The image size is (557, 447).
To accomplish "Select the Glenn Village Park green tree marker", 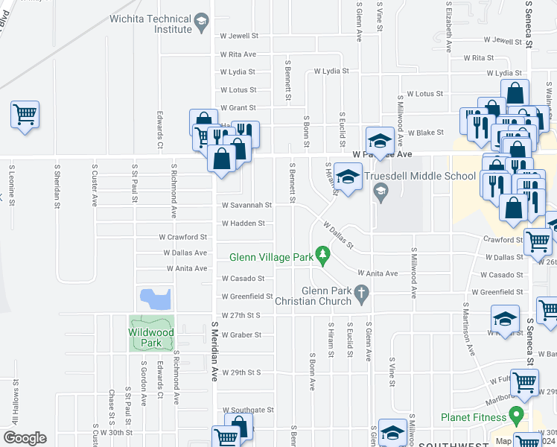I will [x=322, y=256].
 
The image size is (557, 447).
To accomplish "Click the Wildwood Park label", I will [x=150, y=337].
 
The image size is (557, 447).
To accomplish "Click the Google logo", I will [x=25, y=438].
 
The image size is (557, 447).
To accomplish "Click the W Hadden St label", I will [x=242, y=223].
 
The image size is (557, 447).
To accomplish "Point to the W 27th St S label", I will [x=241, y=315].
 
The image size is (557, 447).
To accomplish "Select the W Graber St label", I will [x=241, y=335].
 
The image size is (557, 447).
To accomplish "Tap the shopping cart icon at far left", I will [x=25, y=115].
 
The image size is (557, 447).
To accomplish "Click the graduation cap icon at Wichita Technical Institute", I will [x=200, y=23].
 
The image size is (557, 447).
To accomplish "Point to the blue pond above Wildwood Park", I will [x=156, y=299].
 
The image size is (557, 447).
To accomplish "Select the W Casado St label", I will [x=242, y=279].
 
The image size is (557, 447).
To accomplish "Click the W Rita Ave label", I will [x=238, y=54].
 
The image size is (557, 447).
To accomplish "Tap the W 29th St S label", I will [x=241, y=372].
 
